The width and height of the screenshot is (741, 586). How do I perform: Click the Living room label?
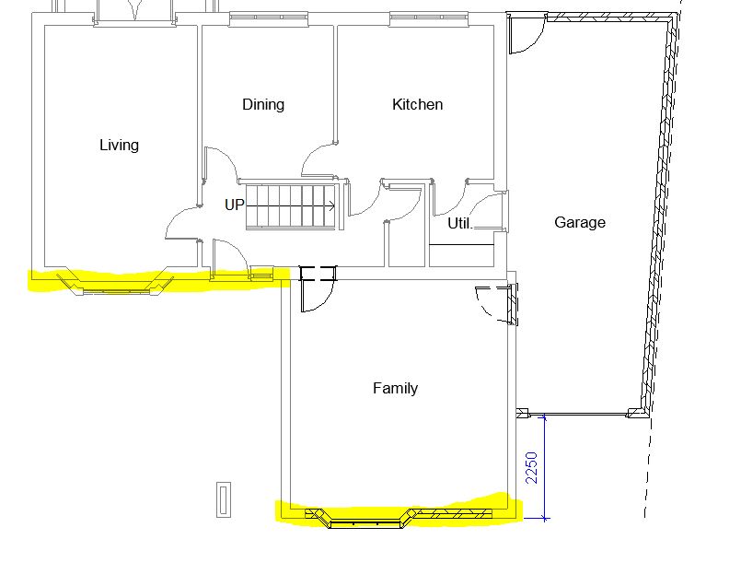(119, 146)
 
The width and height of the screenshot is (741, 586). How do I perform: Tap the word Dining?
(263, 104)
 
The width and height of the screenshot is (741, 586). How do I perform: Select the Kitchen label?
(417, 104)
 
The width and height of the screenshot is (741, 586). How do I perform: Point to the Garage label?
(580, 222)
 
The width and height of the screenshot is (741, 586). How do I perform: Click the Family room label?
(395, 388)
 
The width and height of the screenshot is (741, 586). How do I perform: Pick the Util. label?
(460, 223)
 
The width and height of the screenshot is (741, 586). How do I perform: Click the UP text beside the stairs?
(235, 205)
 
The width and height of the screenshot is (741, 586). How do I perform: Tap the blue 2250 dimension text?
(532, 468)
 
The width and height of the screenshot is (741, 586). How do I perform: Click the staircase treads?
(291, 206)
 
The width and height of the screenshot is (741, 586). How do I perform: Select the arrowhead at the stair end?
(332, 206)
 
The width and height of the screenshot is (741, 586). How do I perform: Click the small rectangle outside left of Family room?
(224, 499)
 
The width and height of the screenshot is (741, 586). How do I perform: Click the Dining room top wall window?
(269, 19)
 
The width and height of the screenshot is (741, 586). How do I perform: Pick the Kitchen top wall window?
(429, 19)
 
